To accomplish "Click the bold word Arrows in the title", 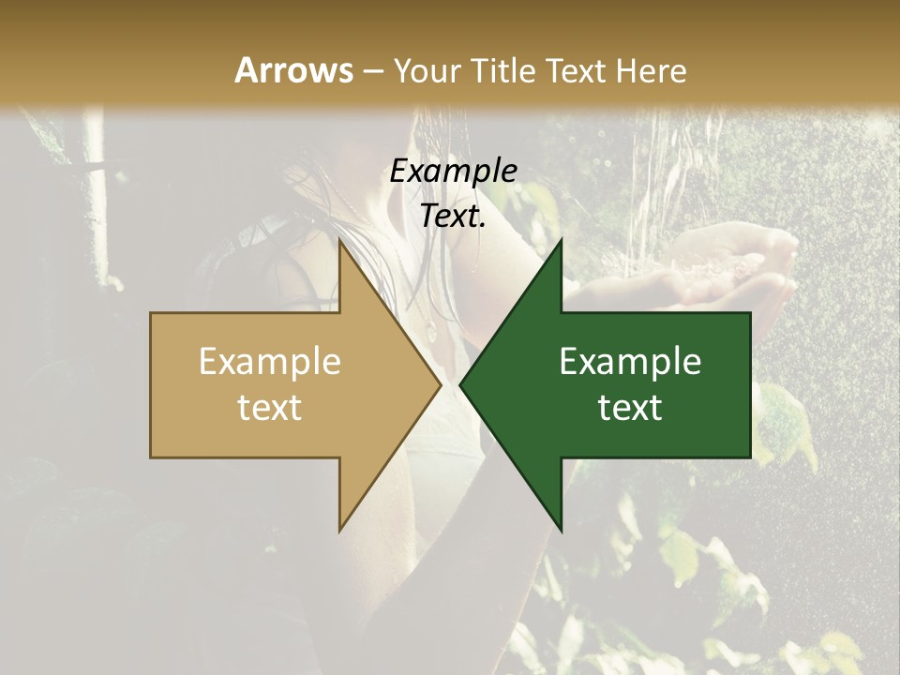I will [293, 70].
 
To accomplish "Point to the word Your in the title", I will [426, 70].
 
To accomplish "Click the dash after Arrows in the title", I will [372, 71].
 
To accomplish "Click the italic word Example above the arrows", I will [453, 171].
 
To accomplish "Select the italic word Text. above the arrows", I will [453, 217].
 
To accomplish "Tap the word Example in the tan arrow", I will [270, 362].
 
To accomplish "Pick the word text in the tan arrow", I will [270, 408].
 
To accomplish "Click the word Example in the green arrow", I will [630, 362].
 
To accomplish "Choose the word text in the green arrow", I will [630, 408].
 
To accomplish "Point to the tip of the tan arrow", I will [440, 384].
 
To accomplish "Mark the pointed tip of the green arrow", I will [460, 384].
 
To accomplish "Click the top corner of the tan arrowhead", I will [339, 239].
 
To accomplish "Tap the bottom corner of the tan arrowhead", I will [339, 530].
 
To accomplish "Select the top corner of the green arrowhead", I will [561, 239].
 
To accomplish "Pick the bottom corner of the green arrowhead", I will [561, 530].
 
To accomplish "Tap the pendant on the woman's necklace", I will [428, 329].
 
